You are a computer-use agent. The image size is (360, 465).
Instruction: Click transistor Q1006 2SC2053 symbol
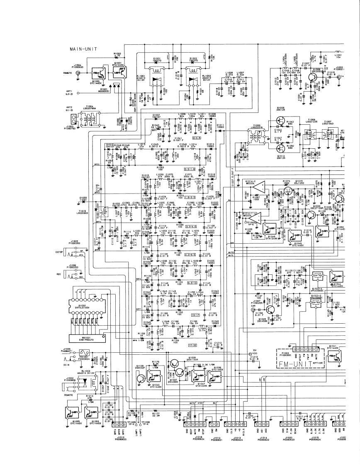[311, 78]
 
